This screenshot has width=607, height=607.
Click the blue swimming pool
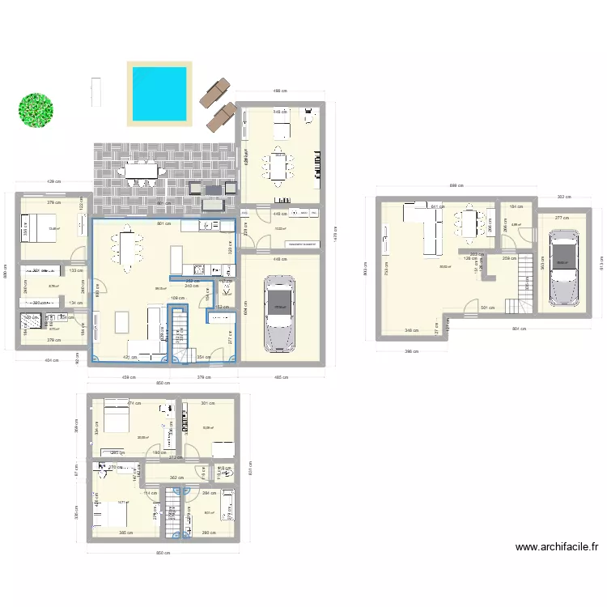coord(160,92)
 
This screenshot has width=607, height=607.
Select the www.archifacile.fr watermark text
coord(557,547)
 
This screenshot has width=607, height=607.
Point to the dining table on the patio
coord(141,171)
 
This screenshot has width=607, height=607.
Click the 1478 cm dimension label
coord(334,235)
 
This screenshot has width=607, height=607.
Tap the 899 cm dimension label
coord(456,186)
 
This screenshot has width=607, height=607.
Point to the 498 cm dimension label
coord(280,91)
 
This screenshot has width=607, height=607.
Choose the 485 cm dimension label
coord(282,376)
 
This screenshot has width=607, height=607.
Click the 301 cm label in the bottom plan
coord(207,403)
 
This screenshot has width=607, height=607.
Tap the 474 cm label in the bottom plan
coord(133,403)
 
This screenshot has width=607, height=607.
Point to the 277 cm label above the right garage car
coord(562,217)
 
